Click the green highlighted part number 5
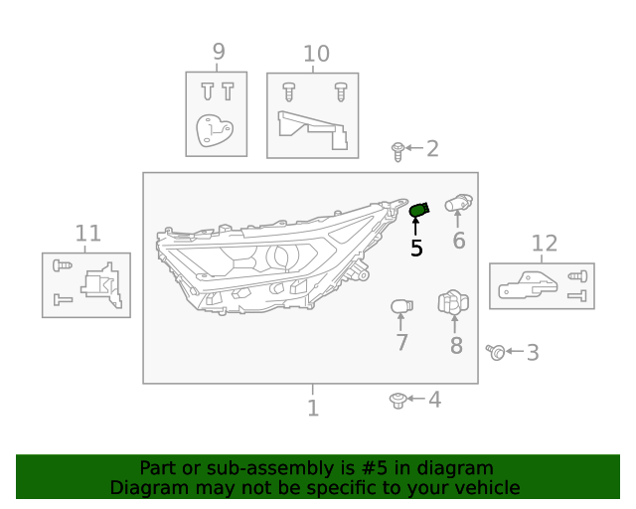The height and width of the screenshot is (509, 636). [x=418, y=209]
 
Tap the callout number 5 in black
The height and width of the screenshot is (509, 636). [x=416, y=249]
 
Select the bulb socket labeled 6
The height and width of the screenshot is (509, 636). [x=457, y=203]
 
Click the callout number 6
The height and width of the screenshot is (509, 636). [x=458, y=241]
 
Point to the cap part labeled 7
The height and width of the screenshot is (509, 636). [x=400, y=306]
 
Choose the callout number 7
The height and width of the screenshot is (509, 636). [x=401, y=343]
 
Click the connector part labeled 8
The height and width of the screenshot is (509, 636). [x=453, y=304]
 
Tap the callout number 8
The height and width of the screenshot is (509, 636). [x=456, y=345]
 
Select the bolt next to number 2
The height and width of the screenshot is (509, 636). [x=397, y=151]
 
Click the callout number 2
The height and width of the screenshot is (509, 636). [x=432, y=149]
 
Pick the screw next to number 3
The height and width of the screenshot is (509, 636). [x=497, y=351]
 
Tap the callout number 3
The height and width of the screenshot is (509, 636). [x=533, y=352]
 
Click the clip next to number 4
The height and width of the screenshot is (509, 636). [x=397, y=400]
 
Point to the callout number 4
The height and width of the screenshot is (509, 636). [x=434, y=400]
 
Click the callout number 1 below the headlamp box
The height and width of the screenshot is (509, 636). [x=312, y=408]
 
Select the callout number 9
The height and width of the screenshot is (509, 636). [x=218, y=52]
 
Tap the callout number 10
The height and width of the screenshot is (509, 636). [x=315, y=54]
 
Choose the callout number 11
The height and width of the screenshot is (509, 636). [x=88, y=234]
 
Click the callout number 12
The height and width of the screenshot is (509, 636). [x=545, y=244]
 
